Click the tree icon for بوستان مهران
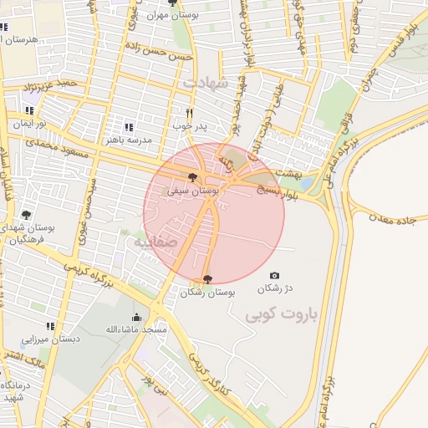172,3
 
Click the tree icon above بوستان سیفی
193,177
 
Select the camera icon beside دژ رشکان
274,276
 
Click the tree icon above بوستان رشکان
207,278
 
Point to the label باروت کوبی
279,317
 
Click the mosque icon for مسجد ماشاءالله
136,317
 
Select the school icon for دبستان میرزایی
50,326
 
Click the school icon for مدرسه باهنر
127,127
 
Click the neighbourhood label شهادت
203,84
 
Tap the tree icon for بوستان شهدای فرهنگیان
26,215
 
